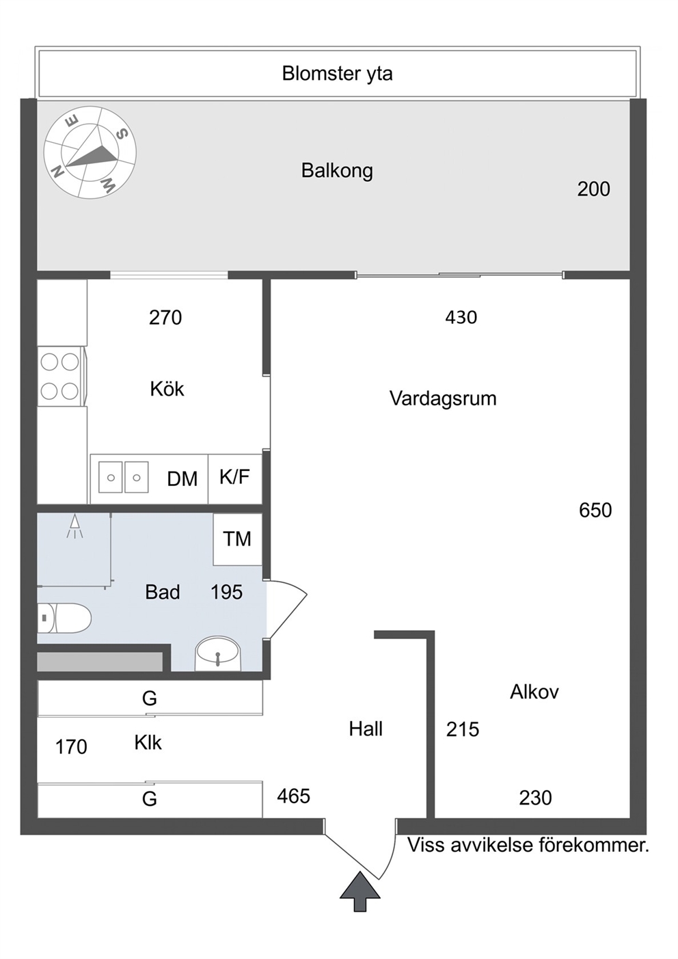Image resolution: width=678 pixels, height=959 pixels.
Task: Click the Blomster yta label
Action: (337, 74)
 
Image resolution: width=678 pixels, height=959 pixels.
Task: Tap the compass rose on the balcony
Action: (90, 152)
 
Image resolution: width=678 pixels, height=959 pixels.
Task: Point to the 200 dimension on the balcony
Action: (594, 189)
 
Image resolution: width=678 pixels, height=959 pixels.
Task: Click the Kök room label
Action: (167, 389)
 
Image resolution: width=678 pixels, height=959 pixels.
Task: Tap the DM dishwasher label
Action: (182, 479)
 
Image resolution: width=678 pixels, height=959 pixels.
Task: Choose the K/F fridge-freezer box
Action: (235, 479)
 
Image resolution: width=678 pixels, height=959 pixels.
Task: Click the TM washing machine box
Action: (238, 539)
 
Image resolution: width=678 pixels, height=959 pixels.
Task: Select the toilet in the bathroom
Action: (64, 618)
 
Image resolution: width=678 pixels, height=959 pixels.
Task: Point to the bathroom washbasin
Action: (218, 653)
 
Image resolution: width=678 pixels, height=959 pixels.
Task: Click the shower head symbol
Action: (75, 526)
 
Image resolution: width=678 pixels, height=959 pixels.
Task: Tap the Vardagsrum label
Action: (443, 399)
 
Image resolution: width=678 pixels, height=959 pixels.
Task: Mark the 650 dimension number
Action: (595, 511)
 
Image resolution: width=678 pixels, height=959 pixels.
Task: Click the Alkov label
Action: (534, 692)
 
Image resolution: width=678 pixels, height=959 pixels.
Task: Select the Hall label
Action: (366, 729)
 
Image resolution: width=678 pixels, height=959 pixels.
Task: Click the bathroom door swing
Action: (287, 609)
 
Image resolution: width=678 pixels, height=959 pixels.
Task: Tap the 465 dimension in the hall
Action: (294, 796)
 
